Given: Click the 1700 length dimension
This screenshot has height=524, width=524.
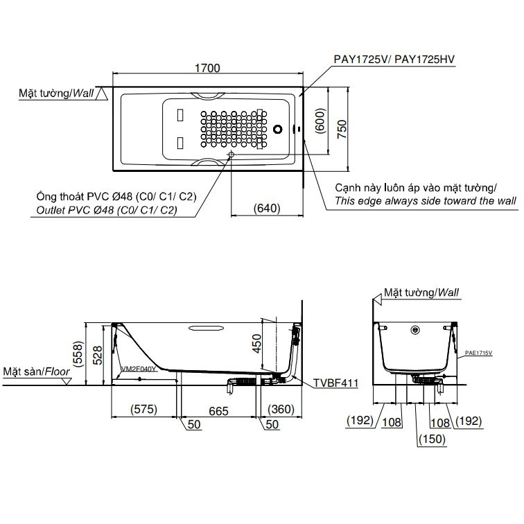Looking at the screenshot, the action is (207, 68).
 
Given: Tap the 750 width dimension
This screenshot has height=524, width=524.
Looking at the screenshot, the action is (342, 129).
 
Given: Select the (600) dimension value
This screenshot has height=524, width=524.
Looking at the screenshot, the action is (320, 121).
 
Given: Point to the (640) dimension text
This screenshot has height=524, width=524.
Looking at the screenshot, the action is (267, 208).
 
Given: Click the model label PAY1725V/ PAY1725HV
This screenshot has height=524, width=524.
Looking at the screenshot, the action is (394, 59).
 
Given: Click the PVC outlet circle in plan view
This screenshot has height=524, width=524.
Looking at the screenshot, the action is (231, 155).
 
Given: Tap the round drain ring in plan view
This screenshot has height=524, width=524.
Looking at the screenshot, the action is (278, 129).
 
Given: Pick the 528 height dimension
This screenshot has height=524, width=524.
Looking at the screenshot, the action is (98, 356).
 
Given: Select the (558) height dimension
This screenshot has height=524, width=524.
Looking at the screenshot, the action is (78, 354).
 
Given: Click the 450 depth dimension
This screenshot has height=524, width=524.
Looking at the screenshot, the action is (256, 344).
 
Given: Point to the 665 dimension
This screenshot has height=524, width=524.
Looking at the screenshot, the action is (218, 411).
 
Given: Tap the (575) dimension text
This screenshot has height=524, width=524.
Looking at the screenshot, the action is (143, 409).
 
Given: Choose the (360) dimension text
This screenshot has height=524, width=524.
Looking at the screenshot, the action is (281, 409).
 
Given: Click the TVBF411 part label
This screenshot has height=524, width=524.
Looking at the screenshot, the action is (336, 383).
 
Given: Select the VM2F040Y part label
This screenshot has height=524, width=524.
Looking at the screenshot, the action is (139, 369).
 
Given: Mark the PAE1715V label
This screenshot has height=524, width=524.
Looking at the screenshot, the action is (478, 353).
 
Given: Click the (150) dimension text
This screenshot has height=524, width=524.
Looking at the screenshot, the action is (432, 439).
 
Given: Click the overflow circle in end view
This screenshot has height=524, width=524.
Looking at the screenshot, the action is (415, 330).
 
